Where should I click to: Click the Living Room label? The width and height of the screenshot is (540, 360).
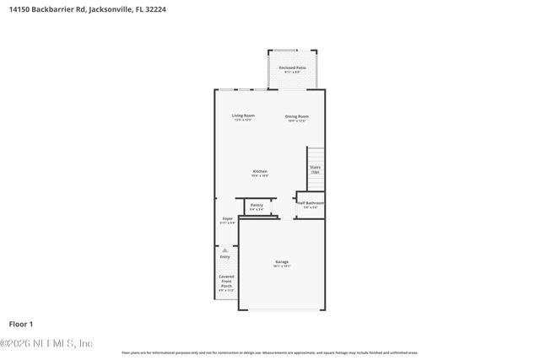click(244, 116)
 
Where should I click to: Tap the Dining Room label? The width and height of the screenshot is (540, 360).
click(296, 116)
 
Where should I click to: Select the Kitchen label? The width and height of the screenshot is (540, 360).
click(260, 171)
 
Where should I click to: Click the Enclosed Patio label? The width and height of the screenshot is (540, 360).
click(293, 67)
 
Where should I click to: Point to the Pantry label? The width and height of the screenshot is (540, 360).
click(256, 205)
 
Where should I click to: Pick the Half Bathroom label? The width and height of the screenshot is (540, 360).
click(310, 203)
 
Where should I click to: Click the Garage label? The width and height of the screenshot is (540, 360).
click(281, 262)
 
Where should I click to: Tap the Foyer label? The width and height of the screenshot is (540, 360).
click(227, 218)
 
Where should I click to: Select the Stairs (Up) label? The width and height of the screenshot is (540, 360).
click(315, 169)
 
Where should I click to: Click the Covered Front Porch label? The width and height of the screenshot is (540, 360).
click(226, 281)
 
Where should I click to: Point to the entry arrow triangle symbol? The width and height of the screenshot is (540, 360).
click(224, 250)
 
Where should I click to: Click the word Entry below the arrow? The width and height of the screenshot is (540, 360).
click(224, 257)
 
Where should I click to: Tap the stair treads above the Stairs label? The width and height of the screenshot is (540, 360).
click(315, 154)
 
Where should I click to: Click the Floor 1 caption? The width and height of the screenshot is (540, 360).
click(20, 323)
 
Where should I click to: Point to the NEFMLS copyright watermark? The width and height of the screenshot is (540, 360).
click(46, 343)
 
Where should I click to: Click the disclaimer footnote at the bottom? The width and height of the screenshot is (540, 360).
click(269, 352)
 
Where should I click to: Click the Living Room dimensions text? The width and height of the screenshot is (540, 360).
click(244, 120)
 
